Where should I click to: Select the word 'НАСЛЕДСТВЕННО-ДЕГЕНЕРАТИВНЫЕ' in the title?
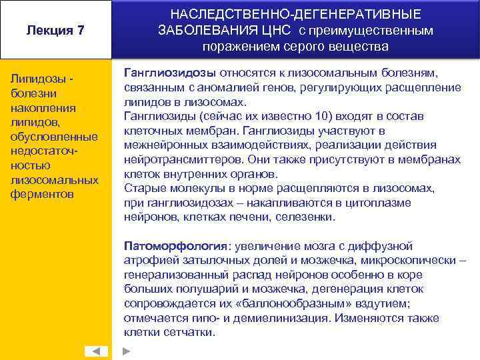(x=296, y=14)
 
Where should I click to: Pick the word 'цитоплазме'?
(x=381, y=203)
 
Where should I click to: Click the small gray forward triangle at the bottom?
(x=127, y=351)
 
